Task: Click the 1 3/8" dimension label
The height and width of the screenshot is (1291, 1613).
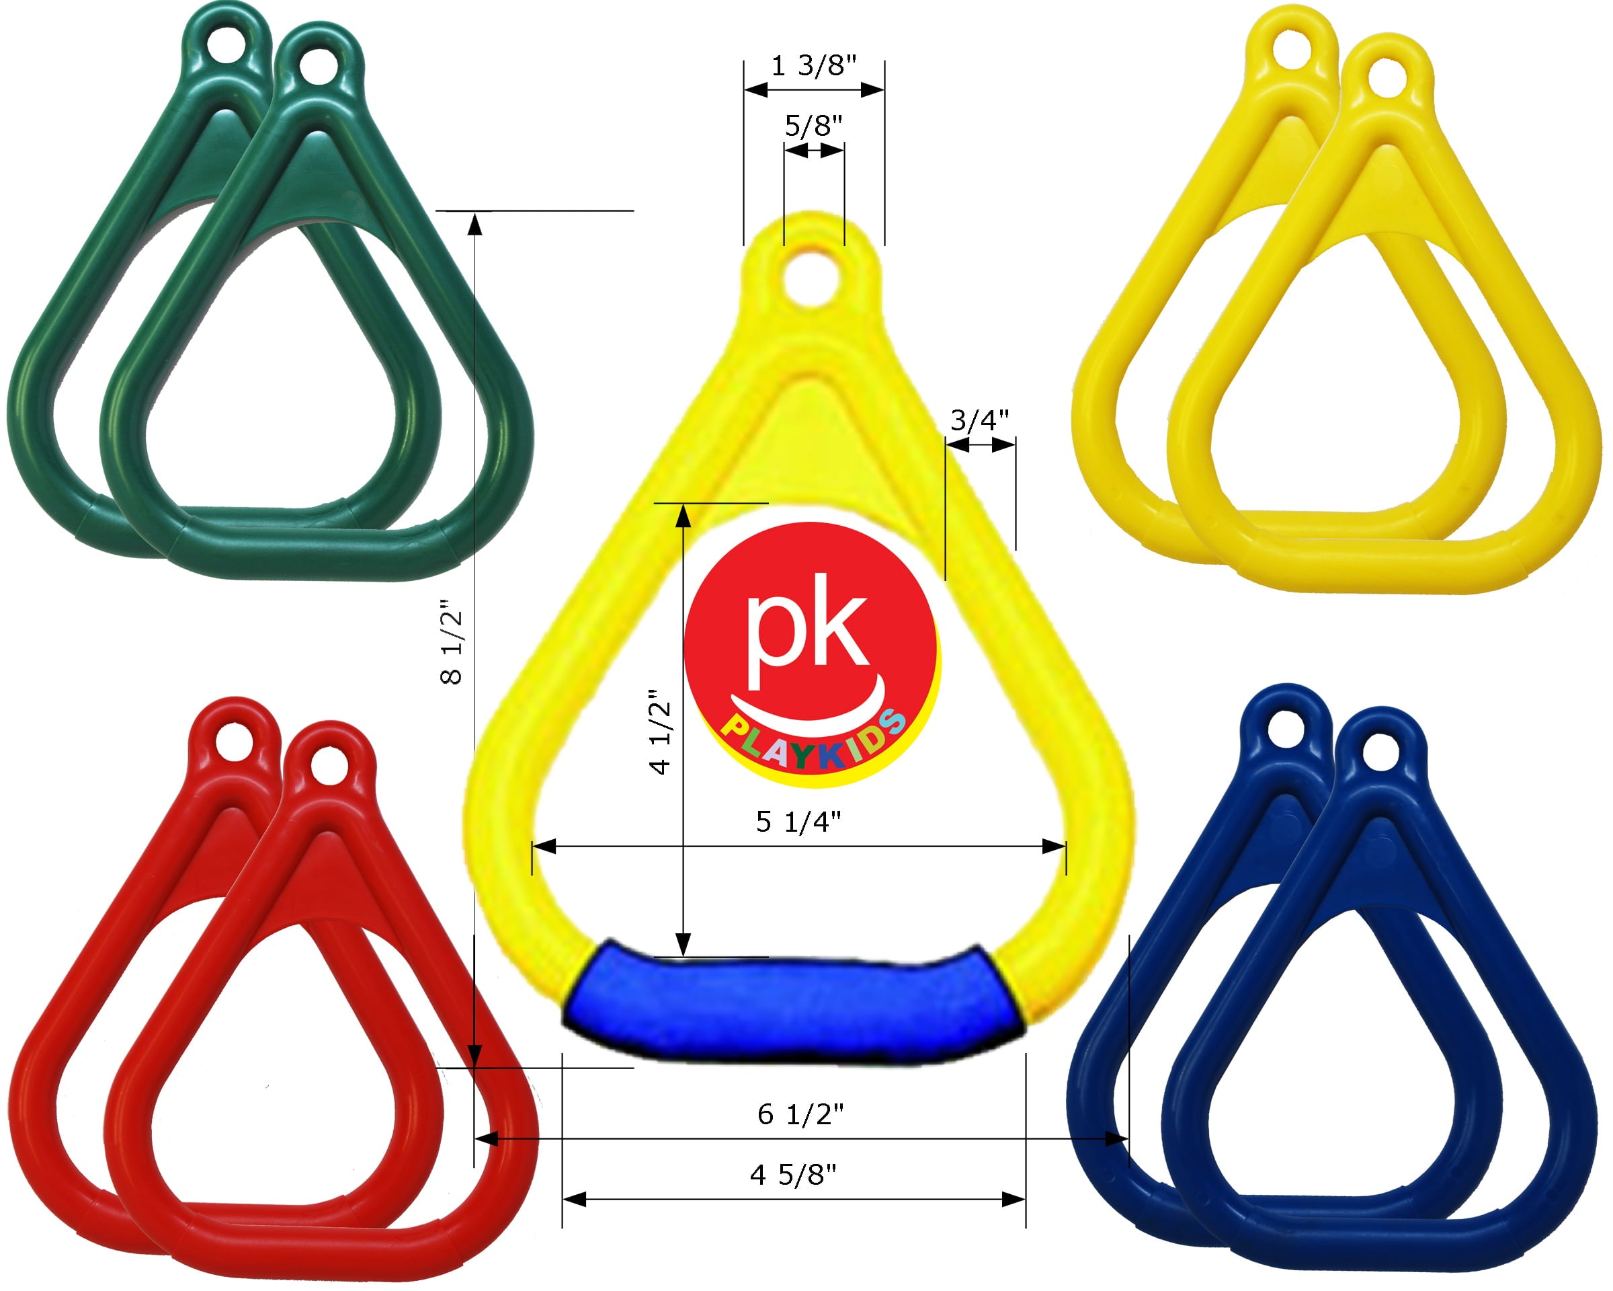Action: coord(813,67)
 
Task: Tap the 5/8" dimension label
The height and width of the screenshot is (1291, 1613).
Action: coord(813,126)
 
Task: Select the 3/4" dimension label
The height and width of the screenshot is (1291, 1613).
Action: coord(979,421)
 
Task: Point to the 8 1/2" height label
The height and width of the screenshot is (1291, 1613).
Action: coord(452,643)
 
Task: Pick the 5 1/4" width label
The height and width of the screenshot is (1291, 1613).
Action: coord(798,822)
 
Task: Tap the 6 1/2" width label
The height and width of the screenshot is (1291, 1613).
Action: coord(800,1114)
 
